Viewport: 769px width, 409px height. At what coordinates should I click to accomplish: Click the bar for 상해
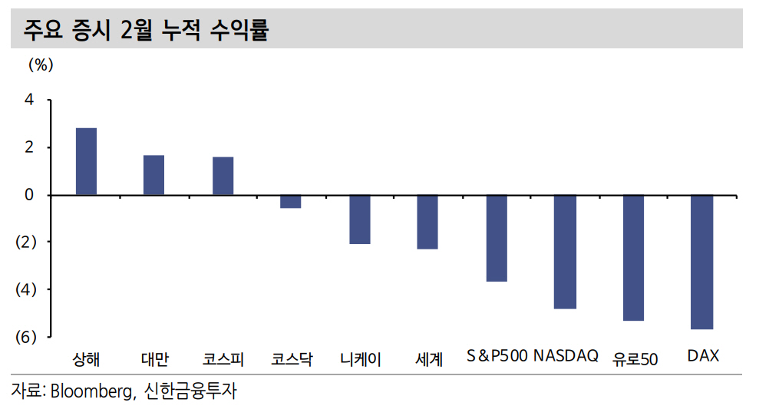point(86,161)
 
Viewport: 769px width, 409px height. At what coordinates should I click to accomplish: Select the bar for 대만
point(153,175)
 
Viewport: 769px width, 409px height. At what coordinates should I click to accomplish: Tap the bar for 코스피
point(223,176)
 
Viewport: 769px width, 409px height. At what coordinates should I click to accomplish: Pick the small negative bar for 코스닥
point(290,202)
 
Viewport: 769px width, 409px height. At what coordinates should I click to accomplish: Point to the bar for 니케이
point(359,219)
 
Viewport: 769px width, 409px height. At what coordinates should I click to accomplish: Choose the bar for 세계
point(427,222)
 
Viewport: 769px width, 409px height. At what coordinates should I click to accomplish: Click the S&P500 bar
point(497,238)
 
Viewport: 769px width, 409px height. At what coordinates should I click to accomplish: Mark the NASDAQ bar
point(565,252)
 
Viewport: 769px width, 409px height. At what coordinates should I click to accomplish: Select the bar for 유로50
point(633,258)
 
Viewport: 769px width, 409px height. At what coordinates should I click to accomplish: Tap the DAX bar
point(702,262)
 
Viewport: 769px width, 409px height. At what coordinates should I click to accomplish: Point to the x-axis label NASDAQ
point(566,357)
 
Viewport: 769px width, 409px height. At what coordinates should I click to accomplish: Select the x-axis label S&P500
point(497,357)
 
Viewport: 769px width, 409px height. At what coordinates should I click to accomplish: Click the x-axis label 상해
point(86,358)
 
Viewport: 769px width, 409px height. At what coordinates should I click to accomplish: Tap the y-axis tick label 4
point(29,100)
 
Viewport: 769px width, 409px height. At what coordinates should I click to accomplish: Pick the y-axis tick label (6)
point(25,337)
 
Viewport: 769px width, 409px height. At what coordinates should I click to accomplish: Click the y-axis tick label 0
point(29,195)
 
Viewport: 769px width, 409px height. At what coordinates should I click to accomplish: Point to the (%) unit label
point(41,65)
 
